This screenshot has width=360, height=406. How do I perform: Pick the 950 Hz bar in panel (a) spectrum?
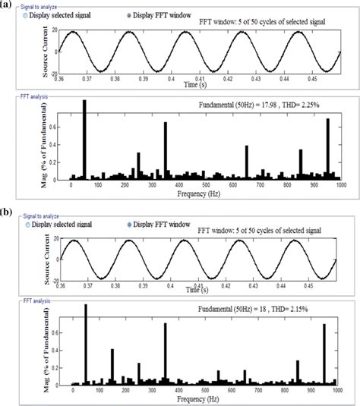tap(328, 148)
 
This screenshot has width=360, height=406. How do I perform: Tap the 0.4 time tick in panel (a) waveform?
tap(172, 77)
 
